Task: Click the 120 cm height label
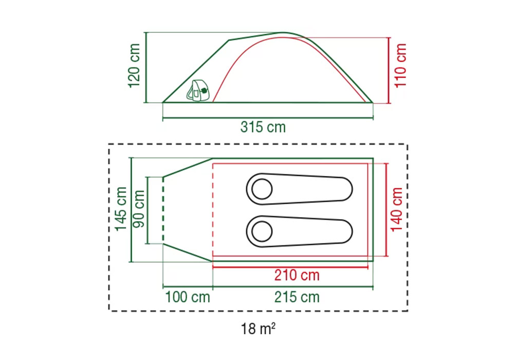click(x=135, y=66)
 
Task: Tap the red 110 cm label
click(x=400, y=66)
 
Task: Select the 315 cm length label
click(x=263, y=127)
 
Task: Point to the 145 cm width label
click(x=121, y=209)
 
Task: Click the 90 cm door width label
click(x=139, y=208)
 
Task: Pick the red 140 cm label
click(x=397, y=209)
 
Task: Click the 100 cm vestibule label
click(x=188, y=297)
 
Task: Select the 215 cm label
click(x=297, y=297)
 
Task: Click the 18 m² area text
click(x=258, y=329)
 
